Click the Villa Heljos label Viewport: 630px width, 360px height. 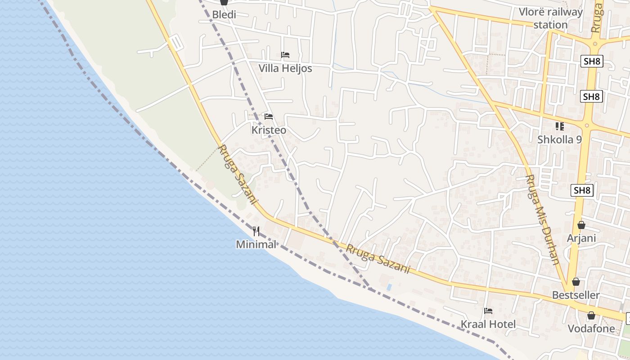(285, 68)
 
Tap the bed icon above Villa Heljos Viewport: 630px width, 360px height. (285, 55)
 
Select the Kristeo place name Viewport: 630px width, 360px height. (269, 130)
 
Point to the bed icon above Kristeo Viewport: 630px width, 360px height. (269, 117)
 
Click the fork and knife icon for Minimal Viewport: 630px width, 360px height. (256, 231)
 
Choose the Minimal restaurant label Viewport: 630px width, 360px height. (256, 244)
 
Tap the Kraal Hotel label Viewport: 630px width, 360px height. (488, 324)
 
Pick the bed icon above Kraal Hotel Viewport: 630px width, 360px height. (488, 310)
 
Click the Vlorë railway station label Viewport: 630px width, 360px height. (550, 18)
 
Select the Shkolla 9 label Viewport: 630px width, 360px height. (559, 139)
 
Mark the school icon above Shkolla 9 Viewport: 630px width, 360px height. (559, 126)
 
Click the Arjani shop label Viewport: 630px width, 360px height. (581, 238)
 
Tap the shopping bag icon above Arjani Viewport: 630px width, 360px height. (581, 225)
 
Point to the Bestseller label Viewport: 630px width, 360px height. (576, 295)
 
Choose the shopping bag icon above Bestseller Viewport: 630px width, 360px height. (576, 282)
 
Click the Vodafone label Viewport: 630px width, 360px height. (591, 328)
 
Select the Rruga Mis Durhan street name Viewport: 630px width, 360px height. (542, 219)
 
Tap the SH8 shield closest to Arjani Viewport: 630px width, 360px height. (582, 190)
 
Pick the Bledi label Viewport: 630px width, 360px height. (224, 14)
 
